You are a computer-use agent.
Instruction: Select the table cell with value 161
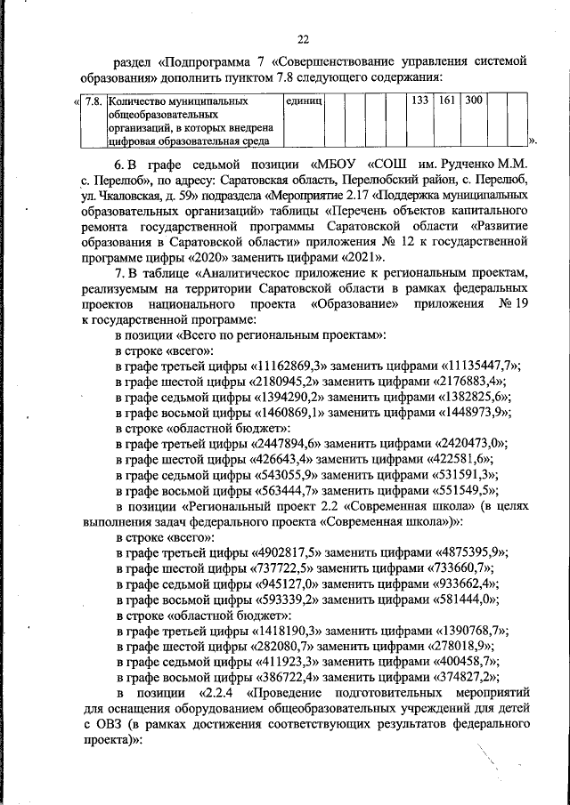tap(447, 101)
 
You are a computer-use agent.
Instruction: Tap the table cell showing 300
tap(473, 101)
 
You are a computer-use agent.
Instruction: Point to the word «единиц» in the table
tap(303, 101)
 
